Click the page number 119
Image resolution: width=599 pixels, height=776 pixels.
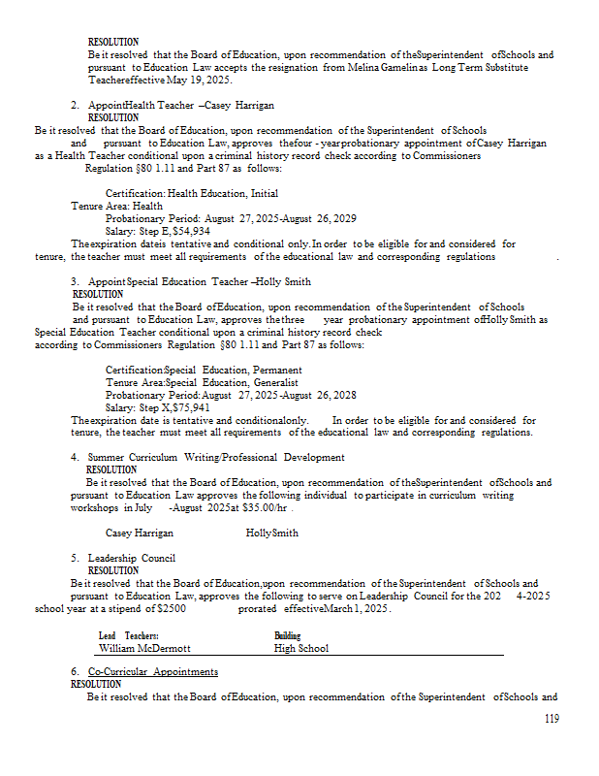click(x=552, y=719)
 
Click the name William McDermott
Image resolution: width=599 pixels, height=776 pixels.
click(x=144, y=648)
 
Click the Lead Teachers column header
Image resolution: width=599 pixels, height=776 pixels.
click(x=128, y=635)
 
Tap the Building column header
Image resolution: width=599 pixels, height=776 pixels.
click(x=288, y=635)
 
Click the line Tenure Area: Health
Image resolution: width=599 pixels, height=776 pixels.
click(x=116, y=207)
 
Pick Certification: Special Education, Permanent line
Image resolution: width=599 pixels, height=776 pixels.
click(x=204, y=370)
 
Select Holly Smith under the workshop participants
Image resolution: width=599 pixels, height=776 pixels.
click(x=272, y=533)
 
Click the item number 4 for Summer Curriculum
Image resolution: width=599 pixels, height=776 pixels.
click(x=75, y=458)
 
